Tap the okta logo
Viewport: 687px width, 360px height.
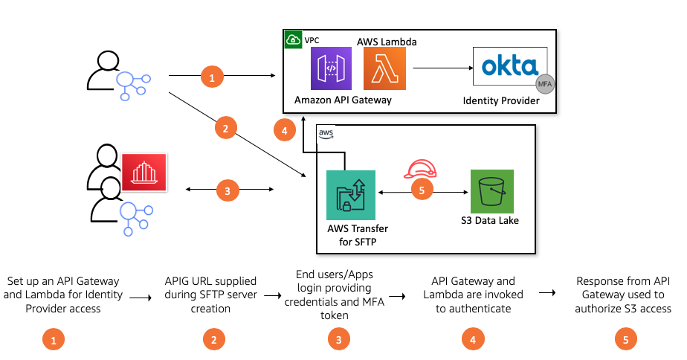(x=511, y=68)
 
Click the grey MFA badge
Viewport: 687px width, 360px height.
(x=545, y=83)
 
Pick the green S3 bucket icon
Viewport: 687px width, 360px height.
(x=491, y=191)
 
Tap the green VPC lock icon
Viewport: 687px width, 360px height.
(x=292, y=39)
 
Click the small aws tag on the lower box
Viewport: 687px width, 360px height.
(x=326, y=133)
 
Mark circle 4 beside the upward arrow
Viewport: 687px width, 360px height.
(x=282, y=130)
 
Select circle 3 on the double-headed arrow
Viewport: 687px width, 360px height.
(x=228, y=191)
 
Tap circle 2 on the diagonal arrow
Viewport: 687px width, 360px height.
(x=225, y=128)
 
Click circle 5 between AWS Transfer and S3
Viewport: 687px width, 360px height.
(x=422, y=191)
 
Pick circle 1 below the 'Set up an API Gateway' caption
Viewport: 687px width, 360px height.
(x=53, y=338)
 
